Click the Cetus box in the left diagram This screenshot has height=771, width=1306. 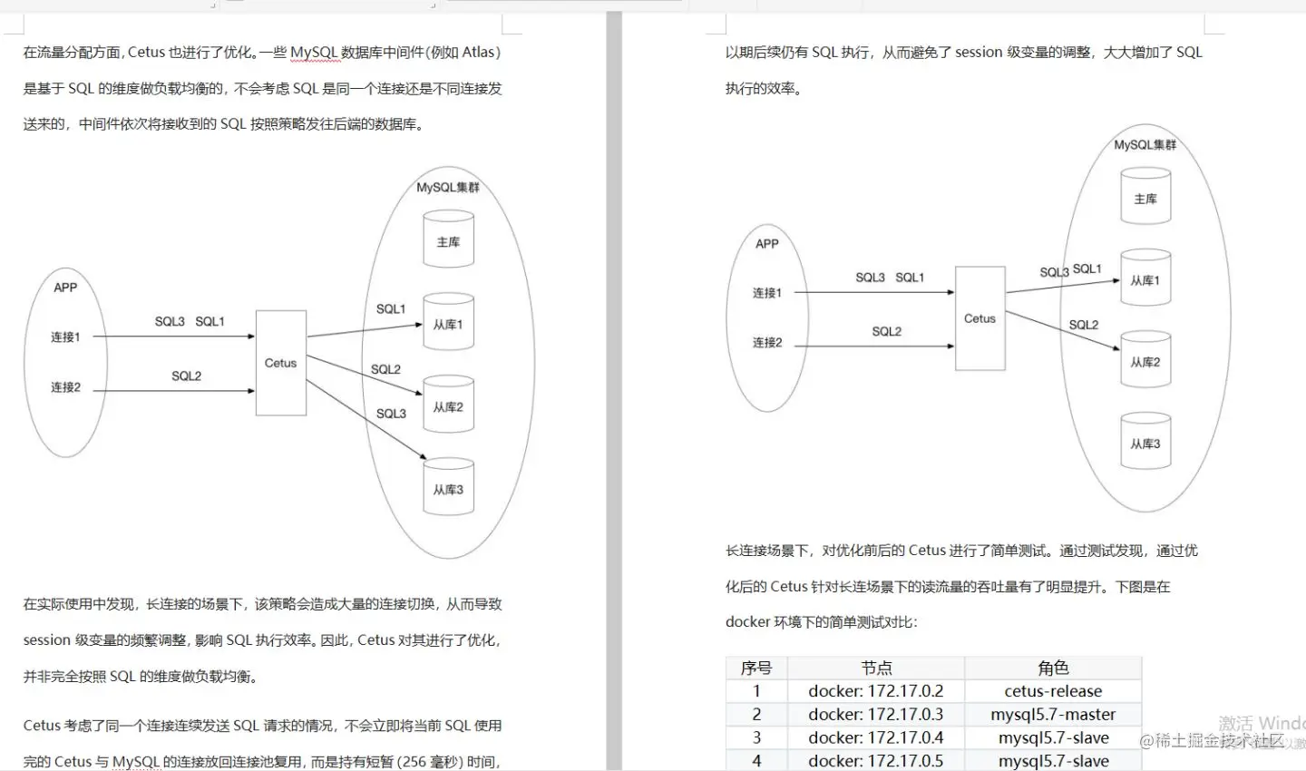click(x=280, y=363)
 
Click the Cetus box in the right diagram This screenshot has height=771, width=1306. click(x=979, y=318)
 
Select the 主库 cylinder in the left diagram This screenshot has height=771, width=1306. click(x=448, y=241)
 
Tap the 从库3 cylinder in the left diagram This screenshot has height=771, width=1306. click(x=448, y=489)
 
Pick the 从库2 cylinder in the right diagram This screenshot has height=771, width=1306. click(x=1145, y=362)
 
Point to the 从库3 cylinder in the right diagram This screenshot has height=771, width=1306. click(x=1145, y=444)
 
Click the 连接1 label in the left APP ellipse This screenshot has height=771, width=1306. click(x=65, y=337)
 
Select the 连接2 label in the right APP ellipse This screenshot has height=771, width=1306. click(x=767, y=342)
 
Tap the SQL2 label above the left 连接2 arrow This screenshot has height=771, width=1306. click(x=187, y=376)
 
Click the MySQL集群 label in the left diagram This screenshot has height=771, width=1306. click(x=448, y=188)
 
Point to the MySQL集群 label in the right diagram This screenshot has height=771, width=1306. click(x=1145, y=145)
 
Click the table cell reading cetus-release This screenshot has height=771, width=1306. click(x=1053, y=691)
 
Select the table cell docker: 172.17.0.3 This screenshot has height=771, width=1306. click(x=875, y=715)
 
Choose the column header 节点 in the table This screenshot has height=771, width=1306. click(x=875, y=668)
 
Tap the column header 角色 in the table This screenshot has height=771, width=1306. click(x=1053, y=668)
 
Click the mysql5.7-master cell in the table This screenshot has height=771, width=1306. click(x=1053, y=715)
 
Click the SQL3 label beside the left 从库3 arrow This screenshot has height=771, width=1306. click(x=391, y=414)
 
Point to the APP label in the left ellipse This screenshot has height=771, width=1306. click(x=65, y=288)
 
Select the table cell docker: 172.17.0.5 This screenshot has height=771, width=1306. click(x=875, y=761)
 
